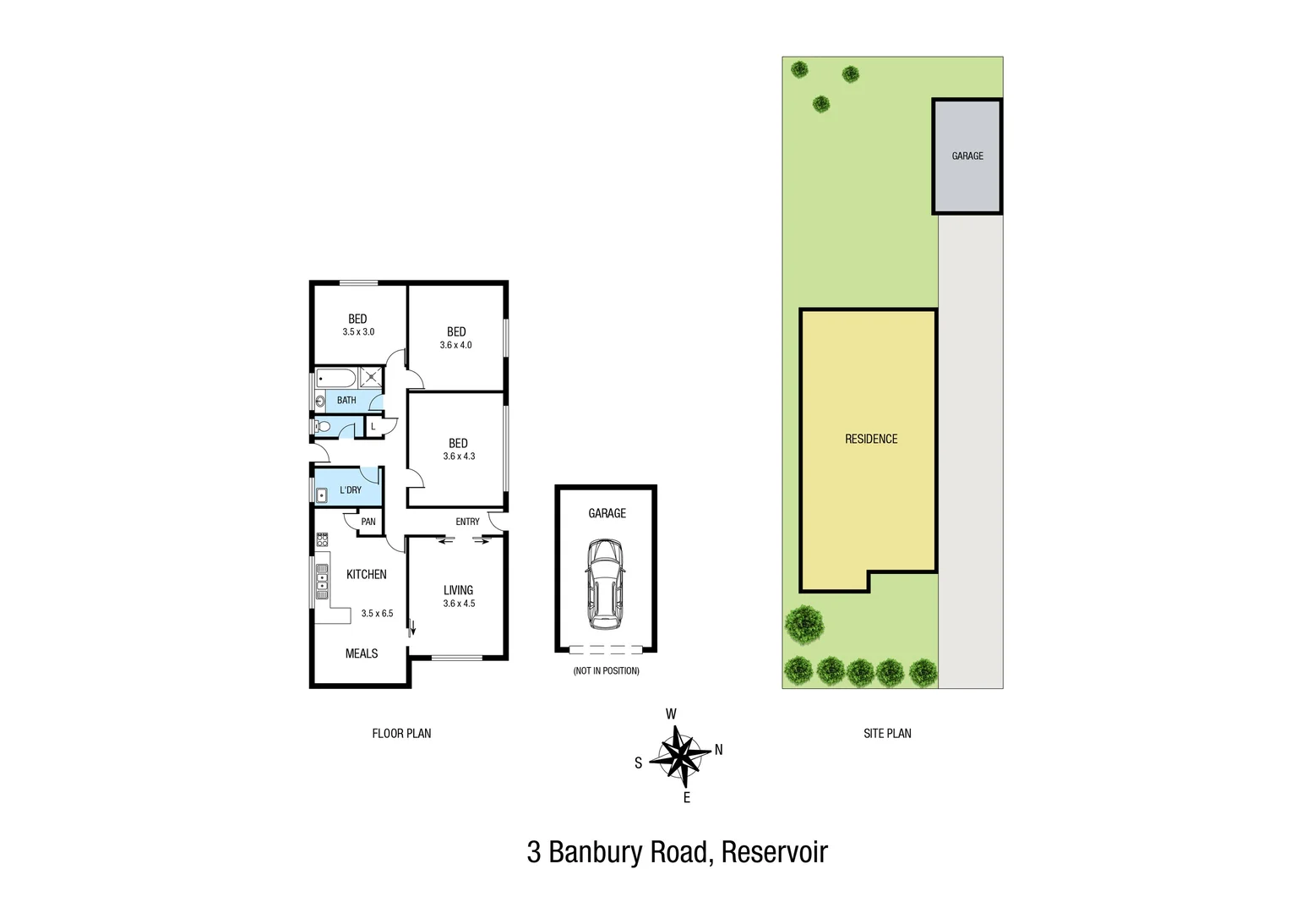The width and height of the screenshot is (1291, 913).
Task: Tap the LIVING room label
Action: point(458,590)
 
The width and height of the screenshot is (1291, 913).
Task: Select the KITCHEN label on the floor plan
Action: point(367,574)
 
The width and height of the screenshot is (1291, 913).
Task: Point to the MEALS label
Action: point(362,653)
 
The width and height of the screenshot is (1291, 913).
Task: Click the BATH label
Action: point(346,401)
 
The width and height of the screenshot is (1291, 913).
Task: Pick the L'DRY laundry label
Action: point(351,490)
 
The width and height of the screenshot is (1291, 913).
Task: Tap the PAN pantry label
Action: point(368,522)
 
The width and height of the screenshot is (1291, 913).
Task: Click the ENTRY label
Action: point(467,522)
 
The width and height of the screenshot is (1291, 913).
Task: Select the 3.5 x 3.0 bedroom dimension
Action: point(358,332)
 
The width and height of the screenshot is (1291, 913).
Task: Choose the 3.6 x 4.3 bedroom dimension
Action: point(459,456)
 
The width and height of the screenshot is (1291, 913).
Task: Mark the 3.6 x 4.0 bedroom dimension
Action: point(456,345)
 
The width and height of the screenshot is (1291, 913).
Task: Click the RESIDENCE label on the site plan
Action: point(871,439)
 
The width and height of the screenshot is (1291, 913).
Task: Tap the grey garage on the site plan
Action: point(967,156)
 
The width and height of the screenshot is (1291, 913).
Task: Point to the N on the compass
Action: point(719,750)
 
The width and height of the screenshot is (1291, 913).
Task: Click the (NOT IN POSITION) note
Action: point(606,671)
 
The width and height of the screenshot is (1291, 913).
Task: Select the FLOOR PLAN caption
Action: point(401,734)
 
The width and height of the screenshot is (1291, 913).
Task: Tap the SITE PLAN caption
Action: point(887,734)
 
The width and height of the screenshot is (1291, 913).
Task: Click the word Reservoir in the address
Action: point(774,852)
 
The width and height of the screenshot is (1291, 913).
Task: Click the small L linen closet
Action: point(373,427)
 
